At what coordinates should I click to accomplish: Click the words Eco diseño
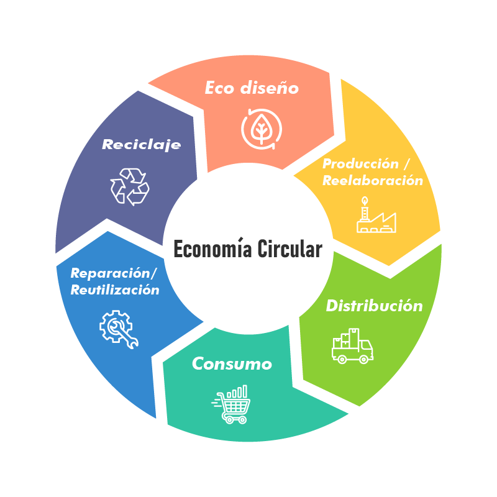coord(252,88)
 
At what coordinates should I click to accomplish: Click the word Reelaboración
coord(372,181)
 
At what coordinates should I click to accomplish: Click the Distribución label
coord(374,306)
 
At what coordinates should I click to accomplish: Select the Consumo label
coord(232,363)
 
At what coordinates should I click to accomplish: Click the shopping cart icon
coord(232,407)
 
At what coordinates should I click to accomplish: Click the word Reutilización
coord(115,290)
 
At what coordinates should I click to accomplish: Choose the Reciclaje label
coord(142,145)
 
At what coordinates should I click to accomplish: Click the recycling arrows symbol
coord(130,186)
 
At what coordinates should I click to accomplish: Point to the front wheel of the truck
coord(363,359)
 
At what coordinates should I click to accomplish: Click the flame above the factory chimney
coord(364,200)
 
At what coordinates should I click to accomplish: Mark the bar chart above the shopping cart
coord(238,392)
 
